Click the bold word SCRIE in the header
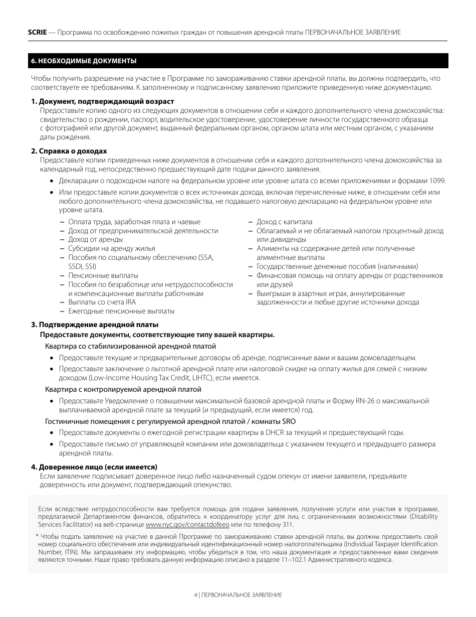[x=37, y=32]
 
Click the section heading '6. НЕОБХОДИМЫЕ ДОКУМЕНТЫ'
[x=84, y=61]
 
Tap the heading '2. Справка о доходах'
[x=69, y=151]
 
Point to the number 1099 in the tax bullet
[x=437, y=181]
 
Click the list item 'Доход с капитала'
[x=284, y=222]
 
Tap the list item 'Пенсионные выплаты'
[x=103, y=275]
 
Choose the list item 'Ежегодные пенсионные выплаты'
[x=121, y=311]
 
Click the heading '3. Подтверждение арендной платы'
[x=95, y=325]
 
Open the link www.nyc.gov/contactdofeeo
[x=187, y=525]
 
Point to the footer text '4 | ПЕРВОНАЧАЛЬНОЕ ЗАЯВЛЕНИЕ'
[x=238, y=594]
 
